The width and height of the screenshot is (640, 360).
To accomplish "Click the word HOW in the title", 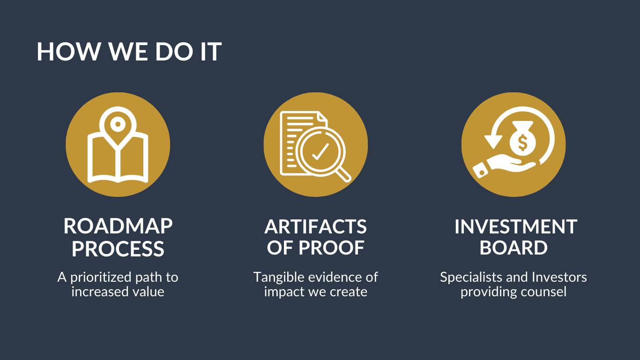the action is pyautogui.click(x=68, y=52).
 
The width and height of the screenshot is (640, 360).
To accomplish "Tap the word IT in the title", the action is pyautogui.click(x=211, y=52).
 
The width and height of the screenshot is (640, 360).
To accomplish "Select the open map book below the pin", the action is pyautogui.click(x=118, y=159).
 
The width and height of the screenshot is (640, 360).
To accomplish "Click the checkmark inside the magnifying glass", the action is pyautogui.click(x=320, y=151).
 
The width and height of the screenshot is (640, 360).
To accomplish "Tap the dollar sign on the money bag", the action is pyautogui.click(x=522, y=142).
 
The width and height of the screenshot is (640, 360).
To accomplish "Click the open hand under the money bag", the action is pyautogui.click(x=504, y=166).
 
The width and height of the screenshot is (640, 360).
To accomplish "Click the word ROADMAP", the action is pyautogui.click(x=118, y=226).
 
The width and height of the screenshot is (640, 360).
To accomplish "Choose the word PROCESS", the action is pyautogui.click(x=118, y=248).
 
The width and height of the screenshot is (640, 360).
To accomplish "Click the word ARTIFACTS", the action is pyautogui.click(x=315, y=227).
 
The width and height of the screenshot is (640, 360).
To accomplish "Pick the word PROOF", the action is pyautogui.click(x=331, y=247).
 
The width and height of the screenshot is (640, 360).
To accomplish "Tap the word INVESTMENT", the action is pyautogui.click(x=516, y=227).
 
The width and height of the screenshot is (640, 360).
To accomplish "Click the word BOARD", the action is pyautogui.click(x=513, y=247).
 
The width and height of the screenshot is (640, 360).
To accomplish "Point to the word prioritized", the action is pyautogui.click(x=101, y=277).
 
